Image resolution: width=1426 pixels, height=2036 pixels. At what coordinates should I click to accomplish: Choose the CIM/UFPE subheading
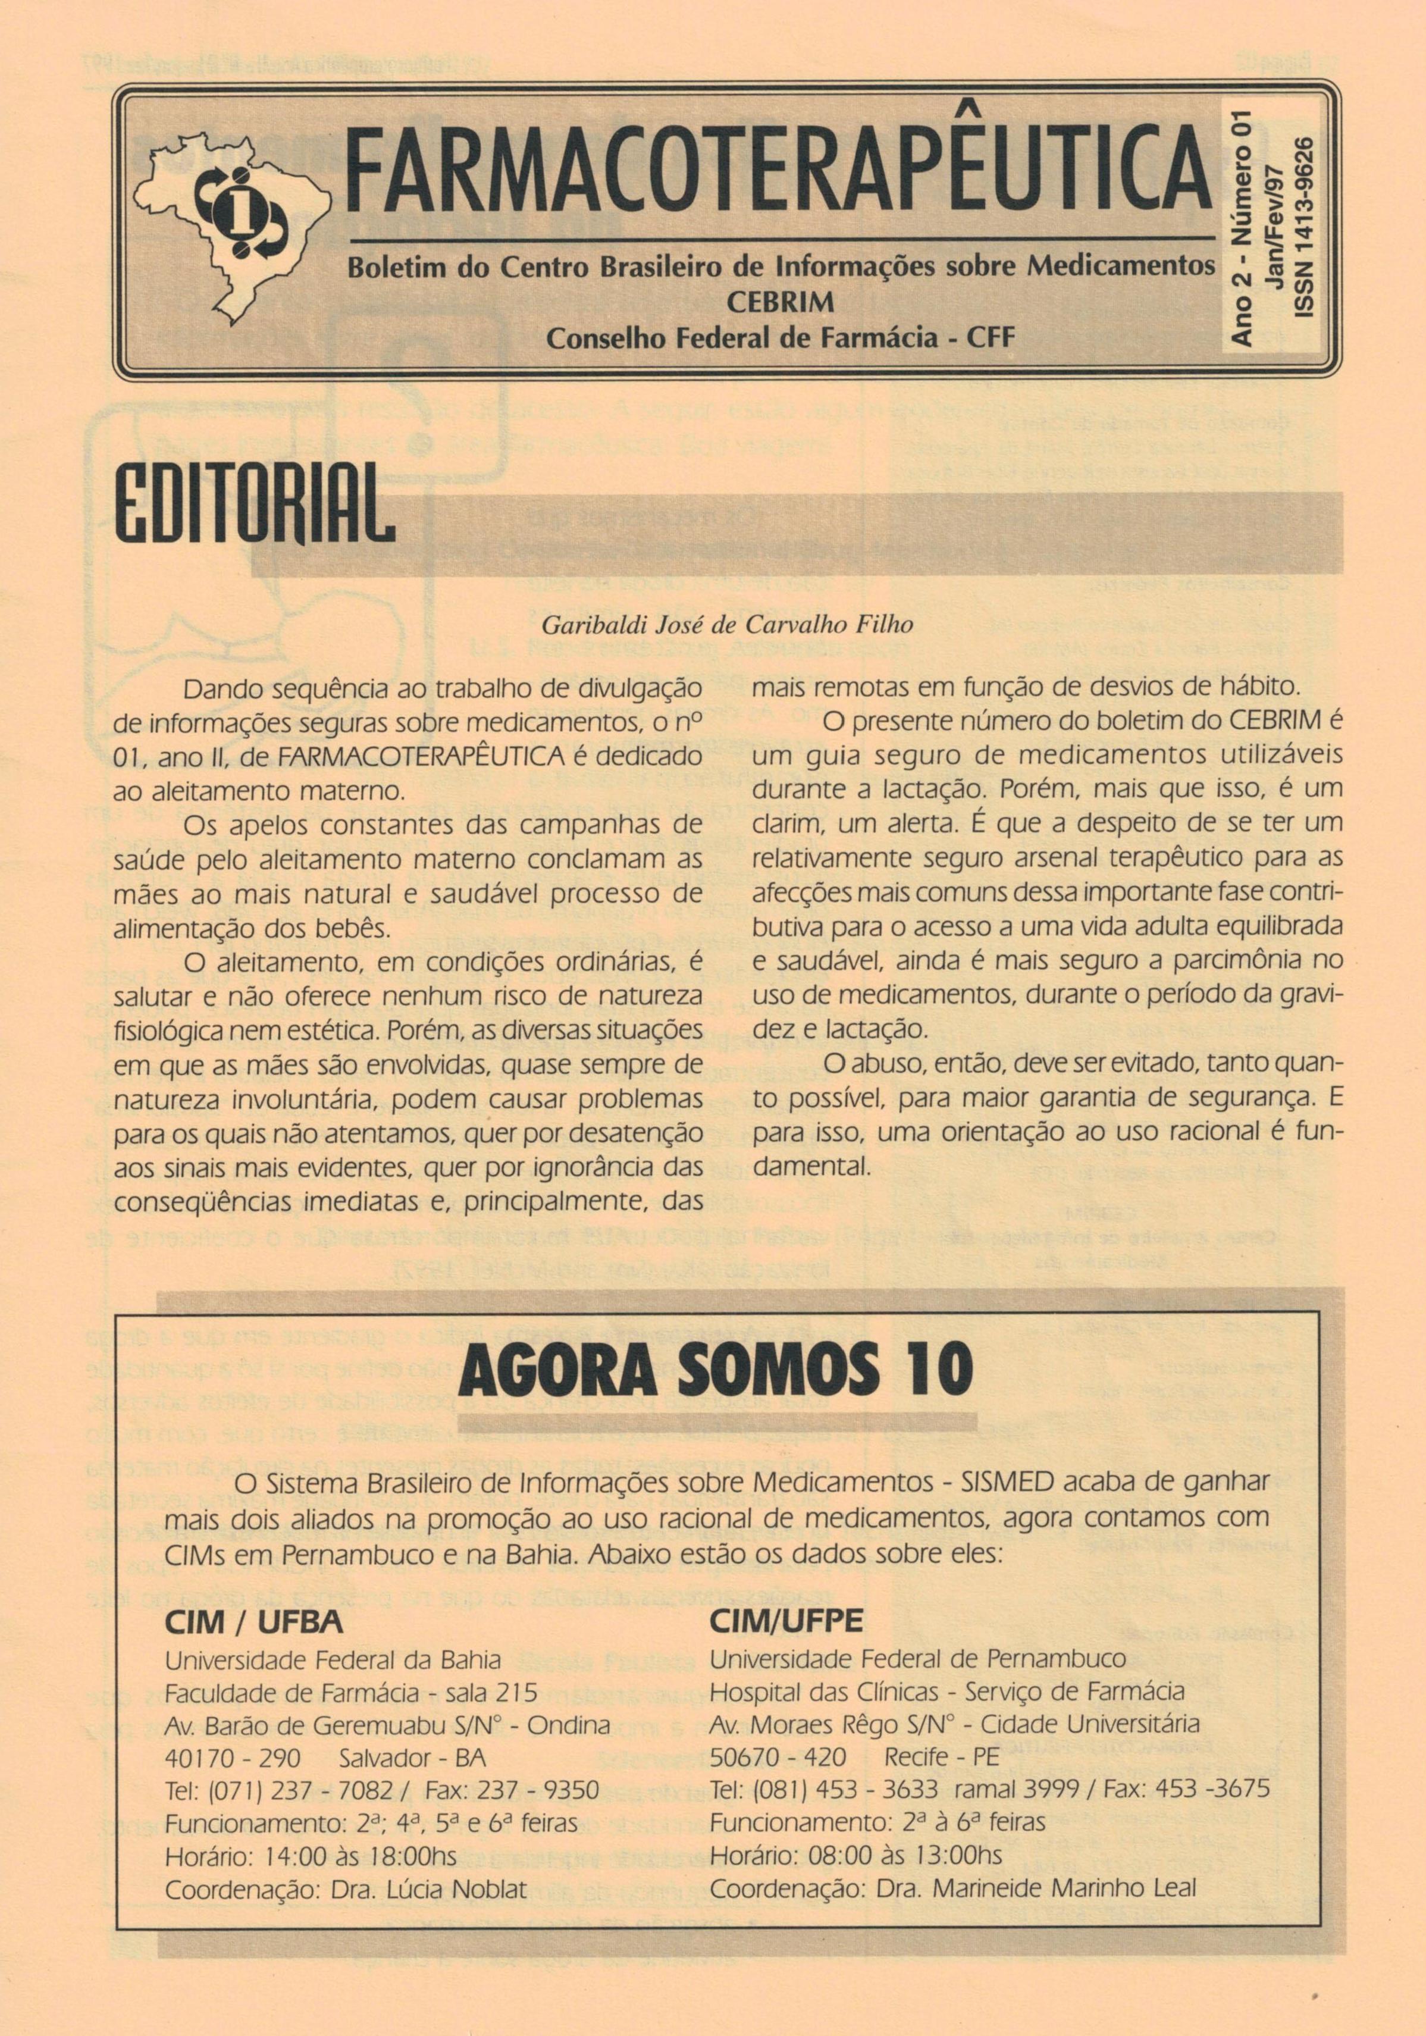pos(786,1621)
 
